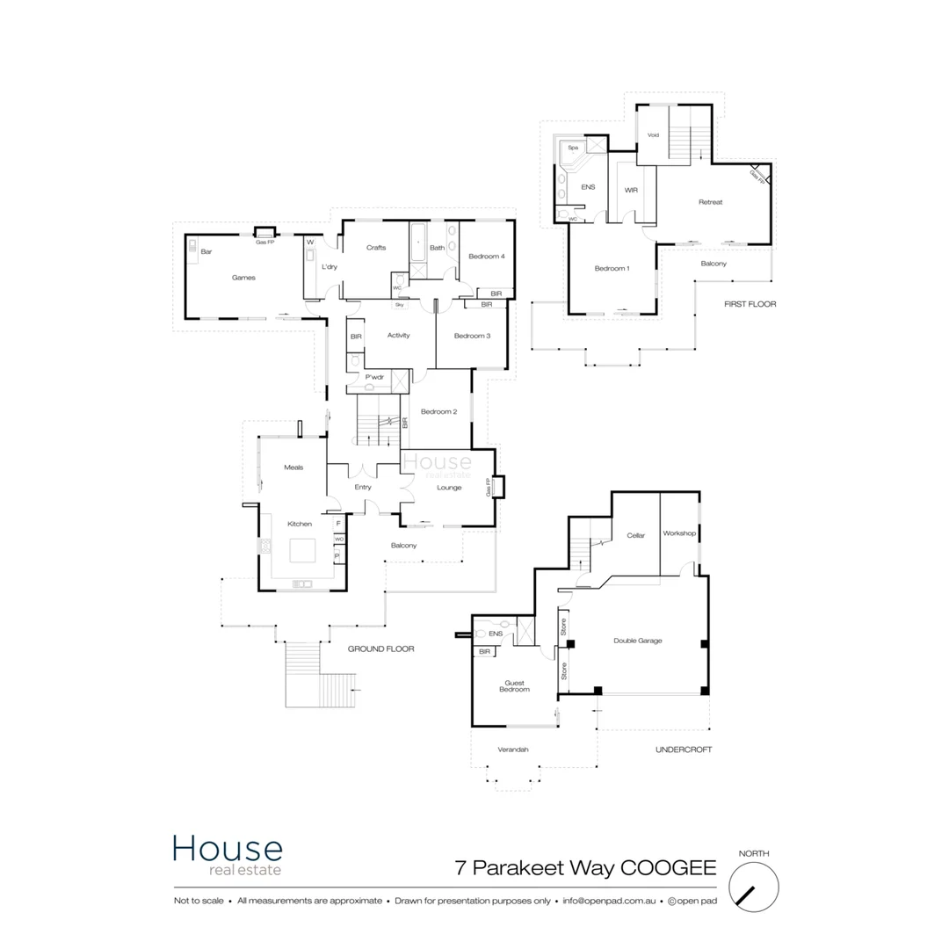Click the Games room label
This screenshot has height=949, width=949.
[x=243, y=278]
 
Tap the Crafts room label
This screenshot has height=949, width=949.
[x=376, y=248]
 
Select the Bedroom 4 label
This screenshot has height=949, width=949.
[x=486, y=257]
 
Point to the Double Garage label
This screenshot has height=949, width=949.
[x=637, y=641]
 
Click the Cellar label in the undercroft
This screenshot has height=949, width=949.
[x=635, y=535]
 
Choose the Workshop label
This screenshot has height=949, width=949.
[x=679, y=533]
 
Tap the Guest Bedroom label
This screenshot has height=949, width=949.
[x=514, y=686]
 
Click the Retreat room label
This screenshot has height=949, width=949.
[x=710, y=202]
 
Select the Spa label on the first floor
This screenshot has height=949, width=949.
[x=573, y=149]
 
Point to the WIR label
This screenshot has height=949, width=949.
[x=631, y=190]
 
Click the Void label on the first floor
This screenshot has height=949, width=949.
[x=653, y=135]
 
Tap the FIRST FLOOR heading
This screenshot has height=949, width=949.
[x=750, y=304]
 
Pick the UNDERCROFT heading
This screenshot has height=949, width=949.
[x=683, y=750]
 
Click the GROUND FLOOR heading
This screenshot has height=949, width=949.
[x=380, y=648]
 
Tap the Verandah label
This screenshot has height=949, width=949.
[x=513, y=750]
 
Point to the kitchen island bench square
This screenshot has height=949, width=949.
[x=301, y=550]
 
